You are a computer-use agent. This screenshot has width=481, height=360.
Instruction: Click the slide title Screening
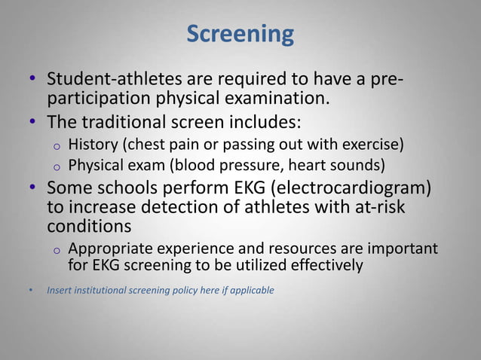coord(240,34)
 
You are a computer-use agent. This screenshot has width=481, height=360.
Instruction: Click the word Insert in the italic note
coord(59,289)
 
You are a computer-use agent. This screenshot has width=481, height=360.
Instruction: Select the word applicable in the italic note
coord(252,289)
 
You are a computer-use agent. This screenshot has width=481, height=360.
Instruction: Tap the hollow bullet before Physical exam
coord(56,166)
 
